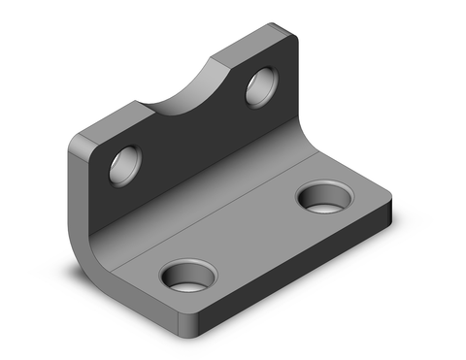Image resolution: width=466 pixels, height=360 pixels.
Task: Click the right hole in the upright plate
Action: point(260,86)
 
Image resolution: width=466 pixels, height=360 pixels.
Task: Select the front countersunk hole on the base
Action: point(187,278)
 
